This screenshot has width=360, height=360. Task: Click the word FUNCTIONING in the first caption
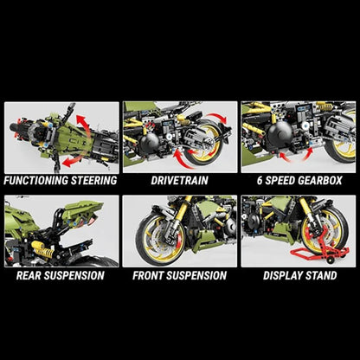pos(34,181)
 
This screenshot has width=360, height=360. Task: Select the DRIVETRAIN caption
pos(179,181)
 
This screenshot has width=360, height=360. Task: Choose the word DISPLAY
pos(280,276)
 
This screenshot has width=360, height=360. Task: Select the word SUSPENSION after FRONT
pos(202,276)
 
